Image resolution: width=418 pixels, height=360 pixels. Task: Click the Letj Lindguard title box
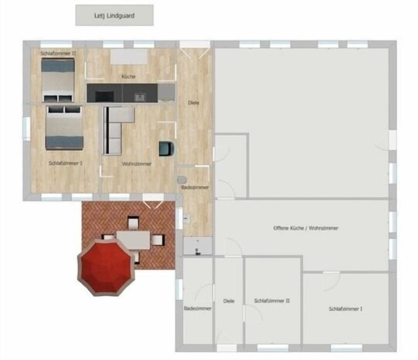[x=114, y=15]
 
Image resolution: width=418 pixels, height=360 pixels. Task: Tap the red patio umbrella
[x=106, y=266]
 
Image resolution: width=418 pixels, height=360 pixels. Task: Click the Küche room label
[x=128, y=77]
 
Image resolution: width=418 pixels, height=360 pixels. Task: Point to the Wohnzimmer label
[x=137, y=164]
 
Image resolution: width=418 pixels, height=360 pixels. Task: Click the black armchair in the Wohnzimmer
[x=166, y=148]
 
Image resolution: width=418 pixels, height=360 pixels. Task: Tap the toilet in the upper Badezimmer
[x=182, y=179]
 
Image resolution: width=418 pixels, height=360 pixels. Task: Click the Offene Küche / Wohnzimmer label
[x=306, y=228]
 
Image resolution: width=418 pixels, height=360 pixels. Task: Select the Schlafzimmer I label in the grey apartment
[x=345, y=309]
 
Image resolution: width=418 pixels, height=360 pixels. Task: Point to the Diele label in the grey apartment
[x=229, y=301]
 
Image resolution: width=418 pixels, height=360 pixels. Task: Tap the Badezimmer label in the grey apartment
[x=197, y=308]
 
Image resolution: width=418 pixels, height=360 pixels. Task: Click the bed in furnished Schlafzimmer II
[x=58, y=80]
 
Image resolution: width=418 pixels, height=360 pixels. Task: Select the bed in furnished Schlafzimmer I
[x=64, y=127]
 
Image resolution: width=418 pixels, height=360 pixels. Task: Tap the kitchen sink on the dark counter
[x=140, y=97]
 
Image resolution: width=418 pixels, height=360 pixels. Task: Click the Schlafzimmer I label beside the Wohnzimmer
[x=65, y=163]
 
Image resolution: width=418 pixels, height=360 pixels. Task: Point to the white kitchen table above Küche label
[x=129, y=57]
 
